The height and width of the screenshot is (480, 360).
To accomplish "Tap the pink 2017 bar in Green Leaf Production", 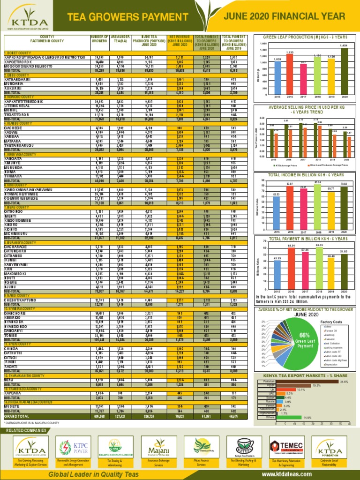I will (x=303, y=79).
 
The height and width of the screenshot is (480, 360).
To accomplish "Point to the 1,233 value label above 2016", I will (x=290, y=52).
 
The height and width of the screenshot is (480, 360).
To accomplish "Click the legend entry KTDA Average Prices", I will (x=286, y=165).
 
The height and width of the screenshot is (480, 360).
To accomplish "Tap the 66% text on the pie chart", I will (x=304, y=336).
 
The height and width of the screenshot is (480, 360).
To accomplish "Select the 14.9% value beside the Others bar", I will (x=307, y=417).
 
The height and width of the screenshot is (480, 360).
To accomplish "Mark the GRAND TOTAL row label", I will (x=16, y=416).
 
